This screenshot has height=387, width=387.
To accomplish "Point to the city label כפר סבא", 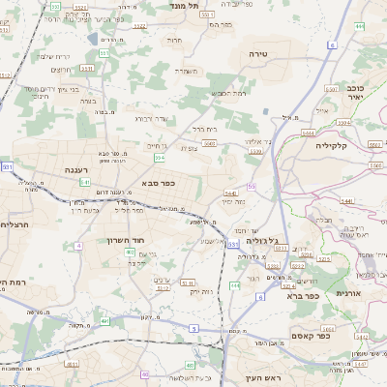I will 157,182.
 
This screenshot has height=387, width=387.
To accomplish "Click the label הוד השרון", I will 126,238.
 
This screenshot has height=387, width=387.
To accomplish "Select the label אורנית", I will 348,291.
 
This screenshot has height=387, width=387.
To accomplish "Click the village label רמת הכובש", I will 227,93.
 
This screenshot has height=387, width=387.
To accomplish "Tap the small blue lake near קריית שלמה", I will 93,40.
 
